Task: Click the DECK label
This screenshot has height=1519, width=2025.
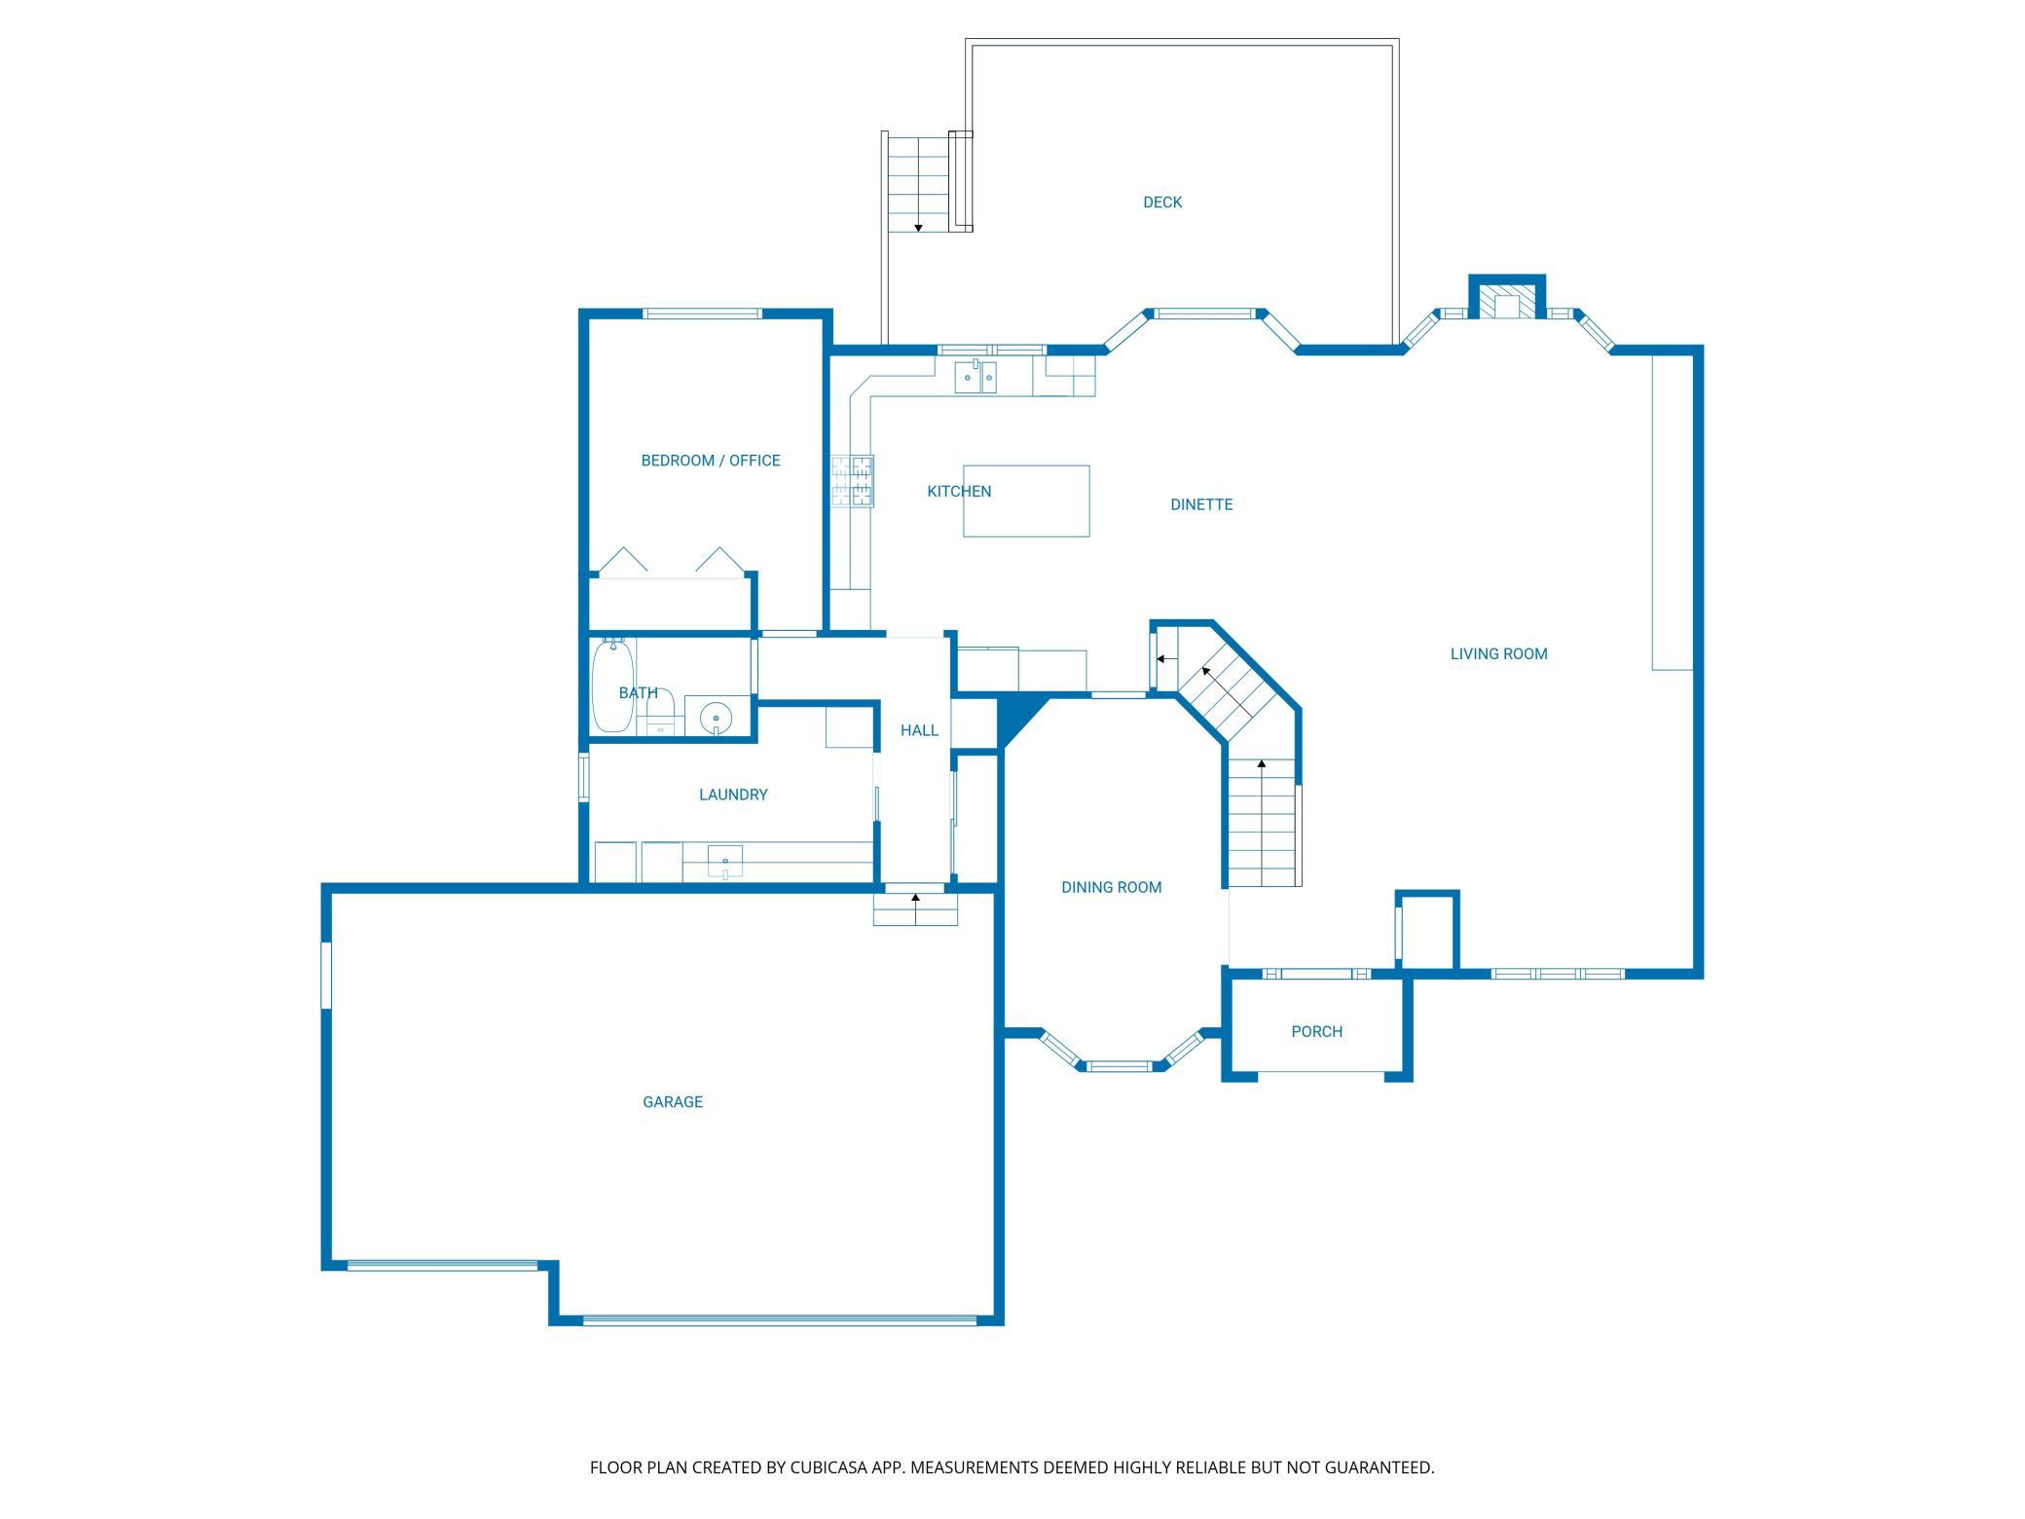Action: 1162,203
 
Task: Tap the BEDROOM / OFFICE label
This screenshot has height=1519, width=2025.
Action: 711,461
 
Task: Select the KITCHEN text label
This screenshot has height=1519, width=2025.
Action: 959,492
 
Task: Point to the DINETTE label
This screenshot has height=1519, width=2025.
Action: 1201,504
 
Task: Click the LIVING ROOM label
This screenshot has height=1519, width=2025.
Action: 1499,654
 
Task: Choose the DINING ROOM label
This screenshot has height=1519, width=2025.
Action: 1112,888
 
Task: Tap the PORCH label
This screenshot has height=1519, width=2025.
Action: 1317,1032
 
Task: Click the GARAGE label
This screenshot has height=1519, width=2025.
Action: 673,1102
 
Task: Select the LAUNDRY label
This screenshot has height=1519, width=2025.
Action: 733,795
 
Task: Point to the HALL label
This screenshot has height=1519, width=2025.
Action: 919,730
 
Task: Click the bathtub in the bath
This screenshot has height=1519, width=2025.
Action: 612,685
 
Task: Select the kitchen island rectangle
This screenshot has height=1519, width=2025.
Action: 1026,500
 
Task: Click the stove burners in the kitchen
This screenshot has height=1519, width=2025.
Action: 852,481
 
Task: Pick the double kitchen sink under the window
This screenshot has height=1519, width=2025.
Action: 976,377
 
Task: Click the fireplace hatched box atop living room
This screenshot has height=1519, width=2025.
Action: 1506,301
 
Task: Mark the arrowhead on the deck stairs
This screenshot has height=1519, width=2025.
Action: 918,228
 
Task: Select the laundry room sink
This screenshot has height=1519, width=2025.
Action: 725,862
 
